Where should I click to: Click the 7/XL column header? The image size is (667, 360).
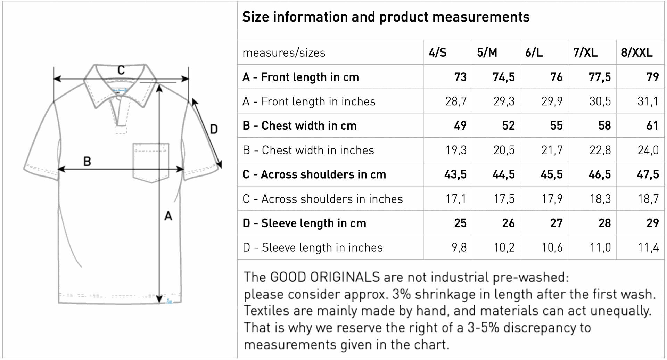585,52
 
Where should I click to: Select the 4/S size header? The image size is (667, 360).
438,52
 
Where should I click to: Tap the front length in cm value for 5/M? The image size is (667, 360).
504,77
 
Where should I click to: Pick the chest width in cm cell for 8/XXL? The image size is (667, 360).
652,125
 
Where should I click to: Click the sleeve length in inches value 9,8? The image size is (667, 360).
459,247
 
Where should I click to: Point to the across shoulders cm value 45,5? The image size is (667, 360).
552,174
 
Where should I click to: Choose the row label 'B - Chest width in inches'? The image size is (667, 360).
308,150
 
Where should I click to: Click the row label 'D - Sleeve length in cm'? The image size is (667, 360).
304,223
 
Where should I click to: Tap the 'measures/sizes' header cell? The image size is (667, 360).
284,53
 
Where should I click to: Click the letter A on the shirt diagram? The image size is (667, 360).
168,216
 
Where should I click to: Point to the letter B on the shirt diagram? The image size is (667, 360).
87,161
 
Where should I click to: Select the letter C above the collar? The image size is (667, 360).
121,70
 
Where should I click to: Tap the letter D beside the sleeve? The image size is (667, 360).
214,129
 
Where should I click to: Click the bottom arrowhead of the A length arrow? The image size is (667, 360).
159,299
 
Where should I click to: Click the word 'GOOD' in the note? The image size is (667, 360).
288,277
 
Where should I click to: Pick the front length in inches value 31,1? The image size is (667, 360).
648,101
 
